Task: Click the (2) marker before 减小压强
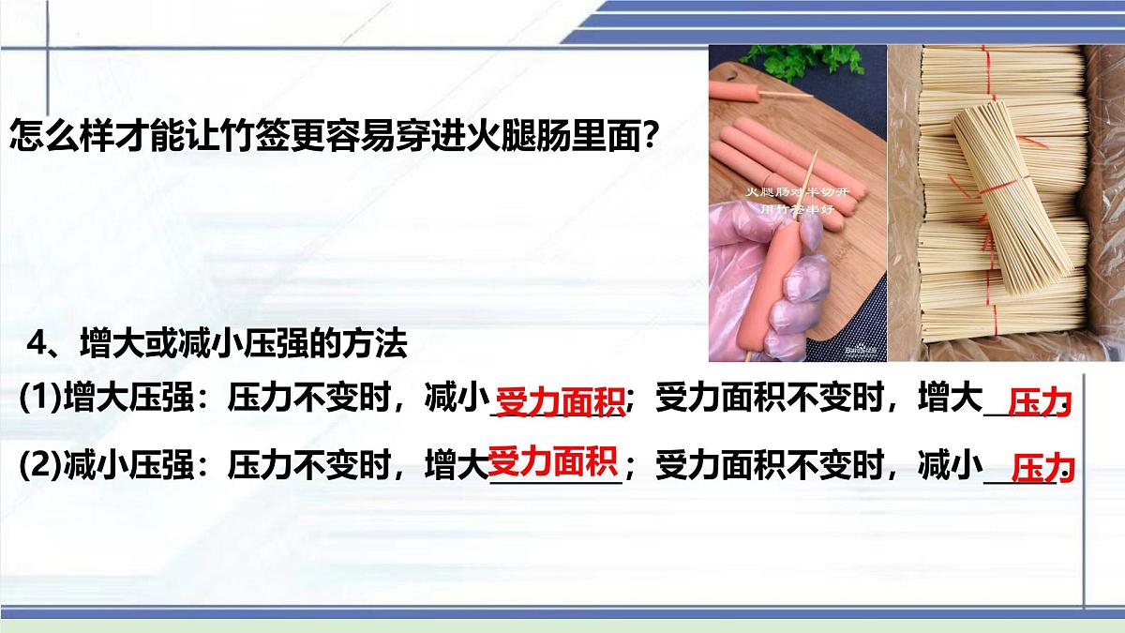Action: (x=40, y=464)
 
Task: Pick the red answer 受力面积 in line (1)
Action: (x=561, y=403)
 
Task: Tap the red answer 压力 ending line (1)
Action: (x=1038, y=404)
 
